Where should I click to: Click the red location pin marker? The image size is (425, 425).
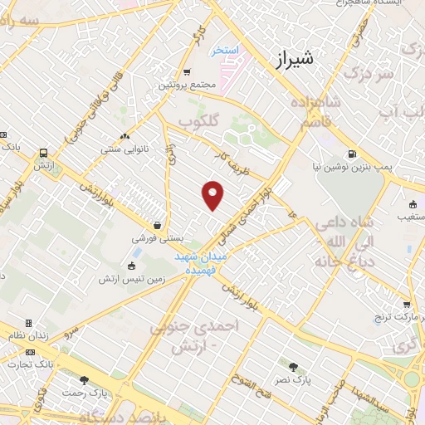click(x=213, y=196)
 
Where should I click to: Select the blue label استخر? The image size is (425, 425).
click(x=224, y=51)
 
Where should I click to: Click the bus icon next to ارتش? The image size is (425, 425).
click(x=42, y=154)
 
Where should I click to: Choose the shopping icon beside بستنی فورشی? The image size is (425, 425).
click(x=157, y=225)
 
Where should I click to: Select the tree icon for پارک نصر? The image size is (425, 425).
click(x=292, y=366)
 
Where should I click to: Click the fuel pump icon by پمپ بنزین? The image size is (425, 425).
click(x=353, y=154)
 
